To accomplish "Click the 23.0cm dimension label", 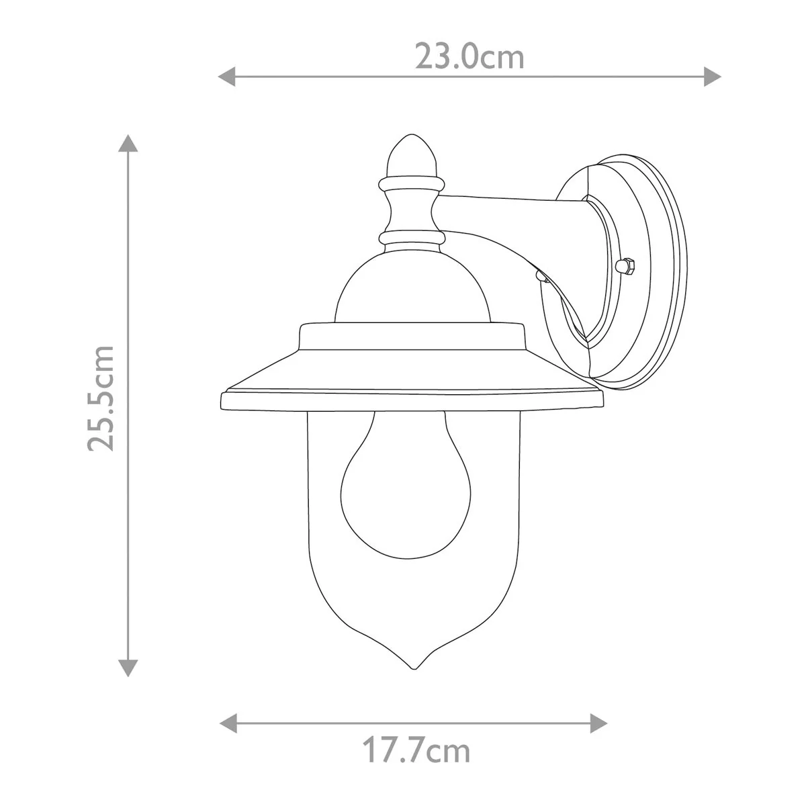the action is (x=469, y=57).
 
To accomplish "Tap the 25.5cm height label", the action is (x=101, y=398).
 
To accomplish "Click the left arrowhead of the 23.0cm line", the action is (x=227, y=77).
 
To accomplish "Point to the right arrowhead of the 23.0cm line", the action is (x=713, y=77).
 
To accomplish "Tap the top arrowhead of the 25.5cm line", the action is (x=128, y=143).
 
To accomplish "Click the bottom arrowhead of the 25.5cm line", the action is (x=128, y=668).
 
